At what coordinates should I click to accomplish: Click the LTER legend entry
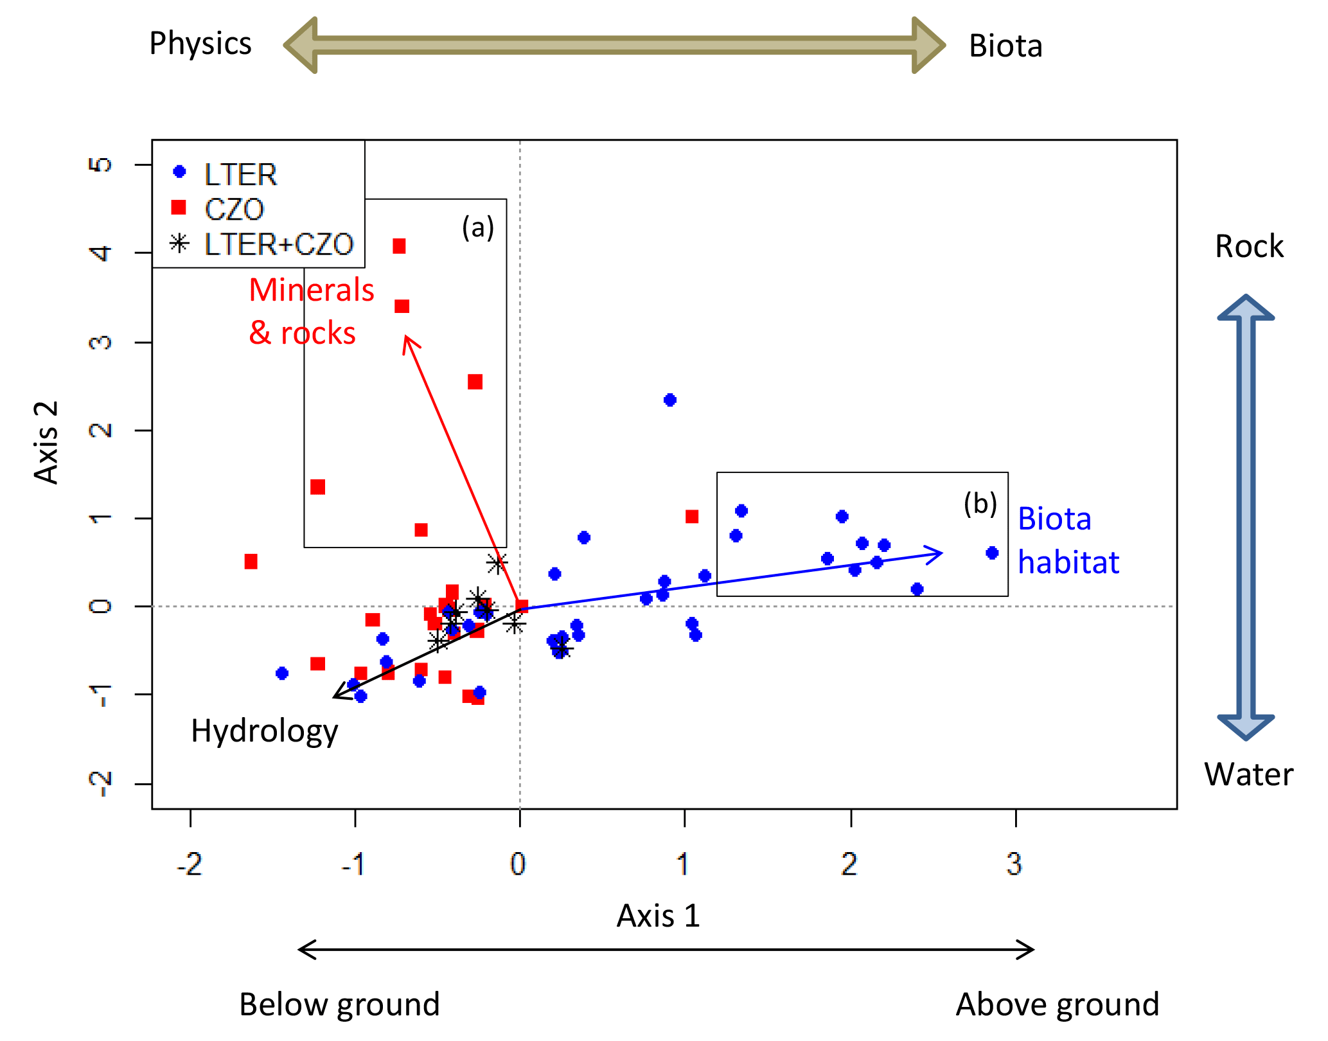tap(240, 174)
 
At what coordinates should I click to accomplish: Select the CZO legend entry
tap(234, 209)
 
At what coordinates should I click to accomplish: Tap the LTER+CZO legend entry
tap(278, 244)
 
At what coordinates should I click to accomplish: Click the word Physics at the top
tap(200, 44)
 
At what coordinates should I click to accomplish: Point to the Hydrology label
tap(264, 731)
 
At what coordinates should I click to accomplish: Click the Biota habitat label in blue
tap(1068, 540)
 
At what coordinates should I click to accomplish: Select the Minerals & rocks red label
tap(311, 312)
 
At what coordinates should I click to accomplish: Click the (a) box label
tap(478, 227)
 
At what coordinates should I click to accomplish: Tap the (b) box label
tap(980, 504)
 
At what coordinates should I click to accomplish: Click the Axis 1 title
tap(658, 916)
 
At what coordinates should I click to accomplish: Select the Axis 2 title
tap(46, 442)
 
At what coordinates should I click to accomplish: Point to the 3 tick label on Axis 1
tap(1014, 864)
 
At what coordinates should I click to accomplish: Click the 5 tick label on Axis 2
tap(100, 165)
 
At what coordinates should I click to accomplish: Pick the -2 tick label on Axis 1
tap(190, 864)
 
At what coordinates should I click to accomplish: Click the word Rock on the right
tap(1249, 247)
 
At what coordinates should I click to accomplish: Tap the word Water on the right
tap(1248, 774)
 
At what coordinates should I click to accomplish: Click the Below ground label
tap(339, 1004)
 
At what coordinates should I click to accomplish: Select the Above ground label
tap(1058, 1004)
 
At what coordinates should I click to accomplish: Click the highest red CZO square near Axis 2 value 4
tap(399, 246)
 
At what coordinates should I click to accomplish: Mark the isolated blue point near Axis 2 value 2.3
tap(669, 400)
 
